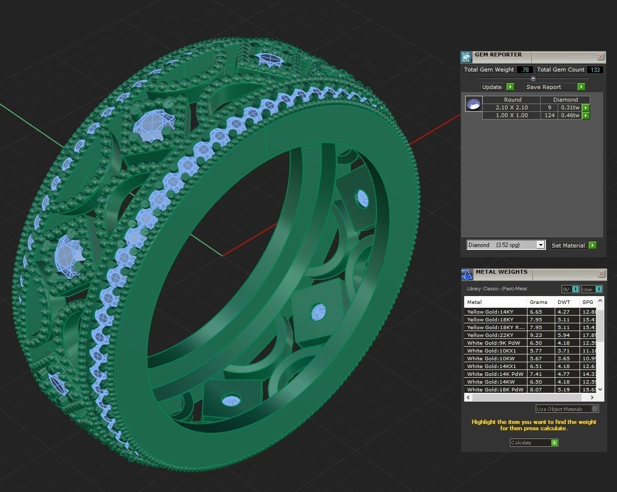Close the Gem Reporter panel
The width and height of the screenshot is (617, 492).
click(601, 57)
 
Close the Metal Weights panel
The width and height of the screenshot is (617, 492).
click(601, 274)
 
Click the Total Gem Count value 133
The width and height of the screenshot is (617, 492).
click(595, 70)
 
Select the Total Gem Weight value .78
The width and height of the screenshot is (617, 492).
click(525, 70)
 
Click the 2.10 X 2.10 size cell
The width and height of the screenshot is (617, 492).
click(511, 107)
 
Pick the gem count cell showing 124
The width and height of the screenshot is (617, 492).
click(549, 115)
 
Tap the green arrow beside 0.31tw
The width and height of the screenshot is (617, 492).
click(586, 107)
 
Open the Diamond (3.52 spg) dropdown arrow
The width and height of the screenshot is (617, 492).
click(541, 245)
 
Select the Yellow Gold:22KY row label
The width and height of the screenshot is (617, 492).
click(490, 335)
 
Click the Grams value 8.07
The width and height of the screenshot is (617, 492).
click(536, 389)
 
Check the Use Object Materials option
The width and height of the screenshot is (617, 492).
click(595, 409)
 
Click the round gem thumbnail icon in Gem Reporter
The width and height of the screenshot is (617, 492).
click(473, 104)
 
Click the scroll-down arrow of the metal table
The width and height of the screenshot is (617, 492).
click(600, 389)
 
